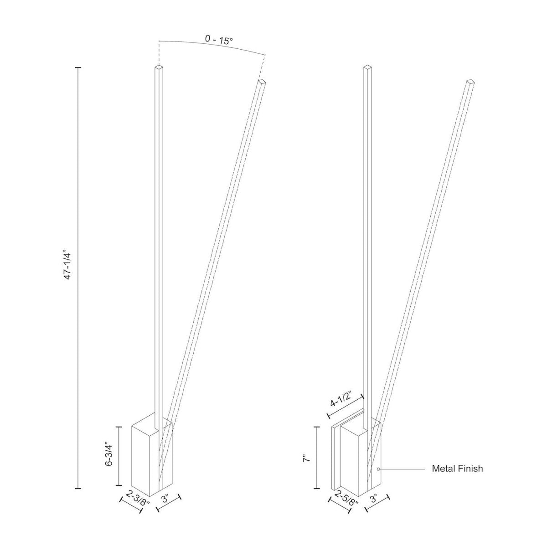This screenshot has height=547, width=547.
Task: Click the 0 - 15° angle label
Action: [219, 40]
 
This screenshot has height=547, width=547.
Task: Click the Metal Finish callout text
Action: [457, 469]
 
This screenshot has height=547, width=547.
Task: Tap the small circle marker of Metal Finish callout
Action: [378, 469]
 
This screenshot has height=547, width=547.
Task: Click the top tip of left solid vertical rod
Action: [158, 68]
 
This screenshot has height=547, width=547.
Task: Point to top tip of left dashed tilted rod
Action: [262, 82]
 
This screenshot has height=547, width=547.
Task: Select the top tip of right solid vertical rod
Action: [366, 68]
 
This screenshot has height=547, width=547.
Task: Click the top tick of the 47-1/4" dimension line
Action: [78, 67]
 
